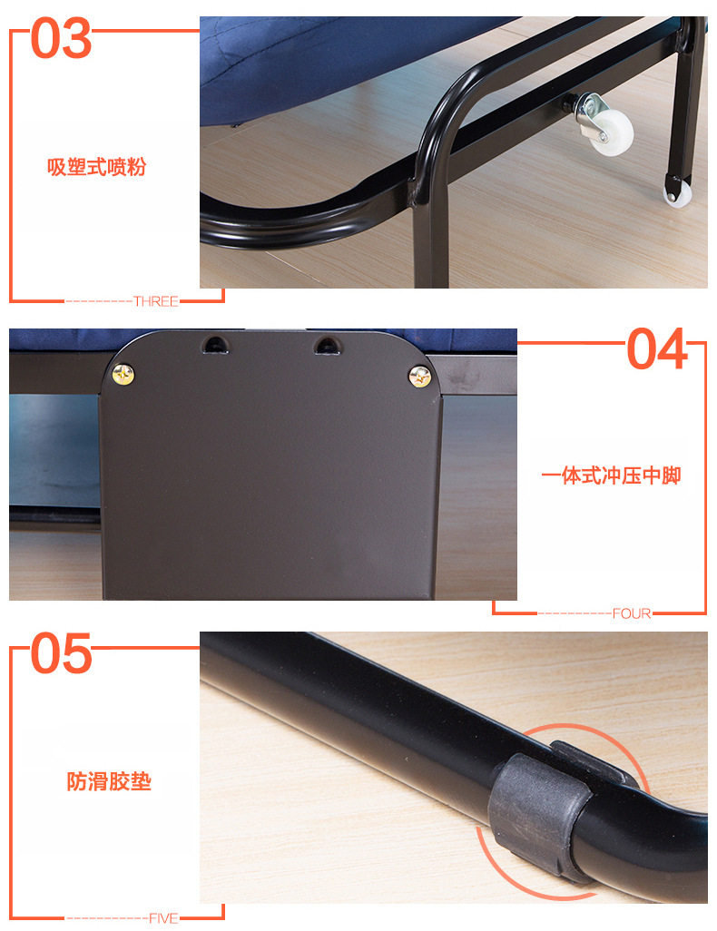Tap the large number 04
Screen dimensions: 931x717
(x=657, y=350)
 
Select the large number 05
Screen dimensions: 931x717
(x=62, y=655)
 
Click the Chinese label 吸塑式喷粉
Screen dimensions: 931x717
(x=96, y=167)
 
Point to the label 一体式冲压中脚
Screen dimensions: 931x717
(x=610, y=475)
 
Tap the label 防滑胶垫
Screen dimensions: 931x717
(x=108, y=781)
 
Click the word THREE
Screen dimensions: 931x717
(x=155, y=301)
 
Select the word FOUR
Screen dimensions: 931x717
(x=632, y=614)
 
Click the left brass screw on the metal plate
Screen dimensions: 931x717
(x=122, y=372)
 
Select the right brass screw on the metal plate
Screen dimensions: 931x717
(x=419, y=376)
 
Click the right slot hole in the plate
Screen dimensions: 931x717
(x=325, y=344)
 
